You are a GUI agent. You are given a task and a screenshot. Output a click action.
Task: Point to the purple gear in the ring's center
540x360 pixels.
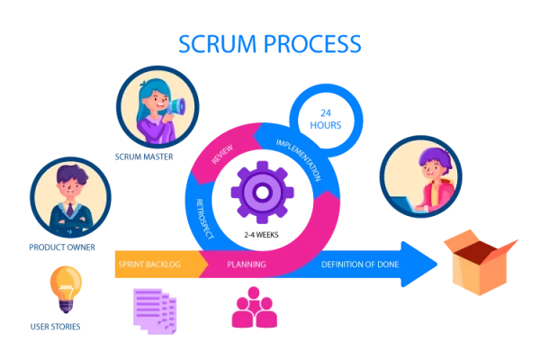point(262,191)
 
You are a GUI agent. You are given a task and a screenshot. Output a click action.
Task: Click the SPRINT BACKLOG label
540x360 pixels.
point(149,265)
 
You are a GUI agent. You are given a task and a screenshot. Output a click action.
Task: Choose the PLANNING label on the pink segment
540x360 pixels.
point(246,265)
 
